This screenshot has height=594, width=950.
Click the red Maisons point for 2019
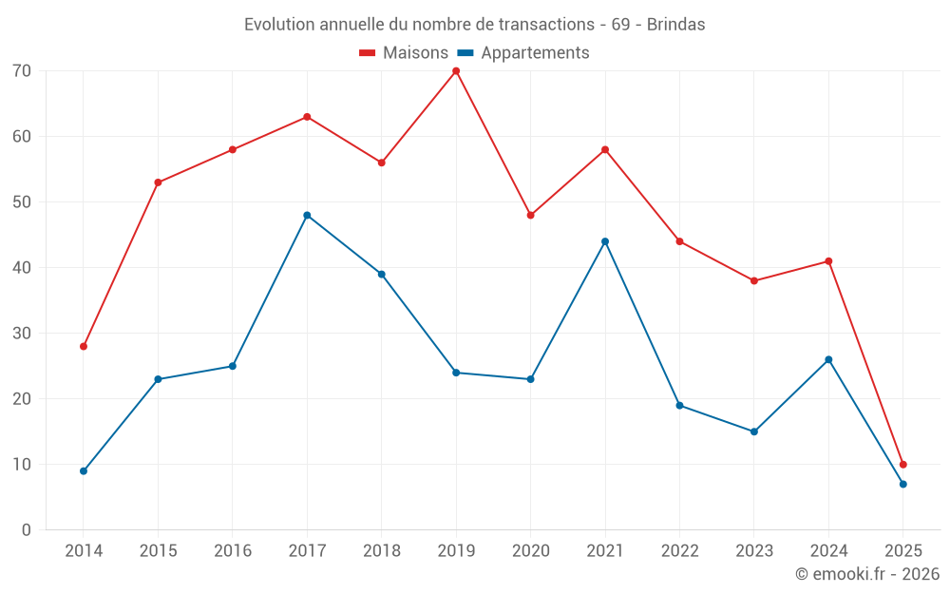coord(456,71)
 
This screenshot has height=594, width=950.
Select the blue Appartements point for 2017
coord(307,216)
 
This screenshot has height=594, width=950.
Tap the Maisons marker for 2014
coord(84,347)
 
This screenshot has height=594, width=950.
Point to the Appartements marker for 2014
coord(84,471)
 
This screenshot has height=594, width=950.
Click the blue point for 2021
coord(605,241)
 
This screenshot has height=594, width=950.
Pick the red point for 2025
coord(902,465)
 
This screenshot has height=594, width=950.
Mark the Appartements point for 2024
coord(828,360)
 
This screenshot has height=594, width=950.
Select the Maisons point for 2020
coord(530,216)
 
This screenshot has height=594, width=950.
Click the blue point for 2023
coord(754,431)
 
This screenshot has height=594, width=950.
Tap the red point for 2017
coord(307,117)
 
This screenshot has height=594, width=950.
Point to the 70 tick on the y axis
coord(22,71)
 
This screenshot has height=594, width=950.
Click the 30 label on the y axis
coord(22,334)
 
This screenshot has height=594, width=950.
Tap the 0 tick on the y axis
coord(27,530)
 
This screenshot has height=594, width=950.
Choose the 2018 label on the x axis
coord(381,551)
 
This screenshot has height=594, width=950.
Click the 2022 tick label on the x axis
coord(679,551)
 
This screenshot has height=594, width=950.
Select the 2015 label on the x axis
coord(158,551)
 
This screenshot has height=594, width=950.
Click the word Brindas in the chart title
coord(675,25)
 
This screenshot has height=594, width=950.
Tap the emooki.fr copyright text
coord(866,574)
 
